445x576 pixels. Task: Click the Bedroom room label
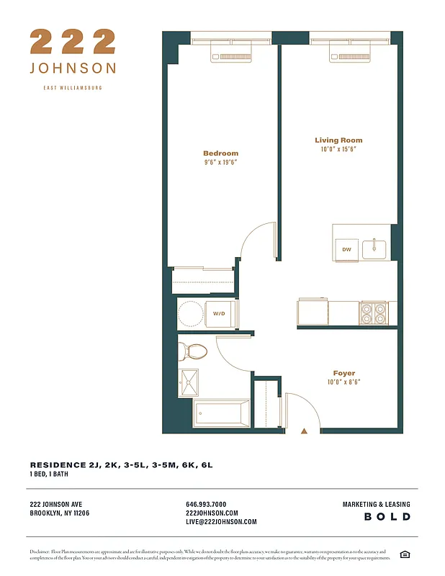(x=220, y=153)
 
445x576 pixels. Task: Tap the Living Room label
(x=338, y=140)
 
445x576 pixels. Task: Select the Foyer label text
(x=343, y=373)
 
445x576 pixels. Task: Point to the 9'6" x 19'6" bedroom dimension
(x=220, y=163)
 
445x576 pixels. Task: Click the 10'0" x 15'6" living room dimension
(x=338, y=150)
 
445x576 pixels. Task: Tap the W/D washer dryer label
(x=219, y=314)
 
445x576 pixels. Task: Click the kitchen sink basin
(x=374, y=249)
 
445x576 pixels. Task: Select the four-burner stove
(x=373, y=312)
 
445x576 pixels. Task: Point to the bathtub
(x=221, y=413)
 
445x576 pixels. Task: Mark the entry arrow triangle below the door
(x=304, y=431)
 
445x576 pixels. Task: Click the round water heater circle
(x=191, y=314)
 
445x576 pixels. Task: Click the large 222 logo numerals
(x=73, y=41)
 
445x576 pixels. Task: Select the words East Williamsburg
(x=73, y=88)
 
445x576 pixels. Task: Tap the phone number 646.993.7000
(x=206, y=504)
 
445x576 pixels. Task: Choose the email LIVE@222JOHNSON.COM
(x=221, y=522)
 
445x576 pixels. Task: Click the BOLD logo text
(x=387, y=517)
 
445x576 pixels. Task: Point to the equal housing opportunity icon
(x=405, y=554)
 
